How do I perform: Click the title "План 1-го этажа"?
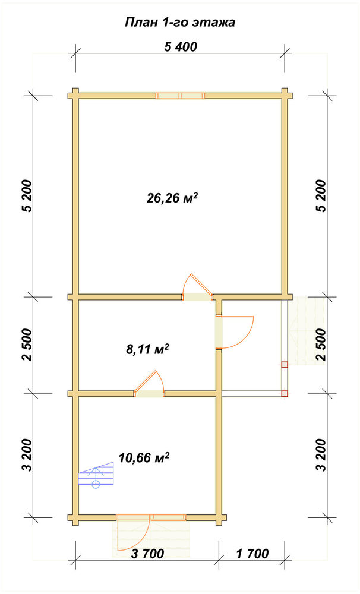tap(180, 23)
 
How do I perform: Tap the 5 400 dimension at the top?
tap(181, 46)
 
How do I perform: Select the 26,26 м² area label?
tap(172, 198)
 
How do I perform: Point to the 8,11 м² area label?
tap(147, 349)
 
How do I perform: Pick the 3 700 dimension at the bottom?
tap(148, 554)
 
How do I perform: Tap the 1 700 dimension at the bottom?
tap(252, 554)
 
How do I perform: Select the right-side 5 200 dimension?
tap(321, 195)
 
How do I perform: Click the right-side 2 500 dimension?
tap(321, 345)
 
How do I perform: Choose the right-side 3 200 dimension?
tap(321, 454)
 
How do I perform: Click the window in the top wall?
tap(181, 96)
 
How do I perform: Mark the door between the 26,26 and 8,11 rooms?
tap(197, 288)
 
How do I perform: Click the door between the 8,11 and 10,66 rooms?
tap(149, 385)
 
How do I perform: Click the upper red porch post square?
tap(285, 365)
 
